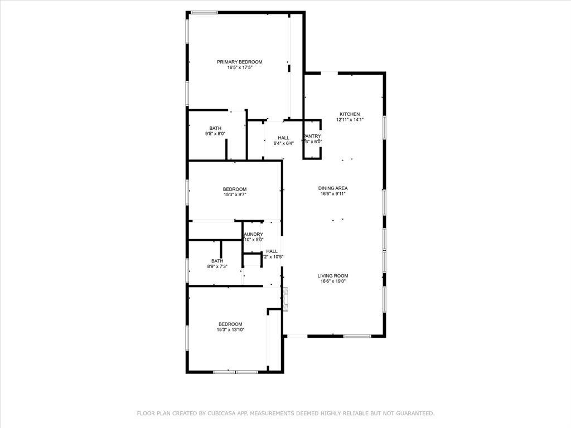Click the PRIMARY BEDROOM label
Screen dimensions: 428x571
click(x=239, y=62)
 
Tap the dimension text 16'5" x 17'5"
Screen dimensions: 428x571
click(x=239, y=68)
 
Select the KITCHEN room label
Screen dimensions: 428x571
click(x=350, y=114)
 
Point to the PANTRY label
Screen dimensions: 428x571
click(x=312, y=135)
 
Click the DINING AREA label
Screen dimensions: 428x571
click(x=333, y=188)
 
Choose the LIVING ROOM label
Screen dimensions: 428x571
click(x=333, y=275)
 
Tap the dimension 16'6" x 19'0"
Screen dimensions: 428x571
click(x=333, y=281)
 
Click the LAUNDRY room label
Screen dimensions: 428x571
click(x=253, y=234)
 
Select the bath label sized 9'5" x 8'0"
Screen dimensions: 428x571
click(x=215, y=128)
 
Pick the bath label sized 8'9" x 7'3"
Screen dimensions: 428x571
click(x=217, y=261)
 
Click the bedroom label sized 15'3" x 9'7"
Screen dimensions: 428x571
click(x=234, y=189)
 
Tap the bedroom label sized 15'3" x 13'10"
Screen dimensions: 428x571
click(x=230, y=324)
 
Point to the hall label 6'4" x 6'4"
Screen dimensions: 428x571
click(x=283, y=138)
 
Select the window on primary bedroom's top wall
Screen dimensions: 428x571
click(x=204, y=12)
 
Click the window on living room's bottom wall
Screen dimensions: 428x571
click(x=357, y=336)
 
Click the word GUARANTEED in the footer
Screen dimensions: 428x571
click(x=414, y=414)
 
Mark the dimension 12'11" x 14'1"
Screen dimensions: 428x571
click(x=350, y=120)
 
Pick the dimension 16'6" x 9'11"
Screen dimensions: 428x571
click(x=333, y=194)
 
